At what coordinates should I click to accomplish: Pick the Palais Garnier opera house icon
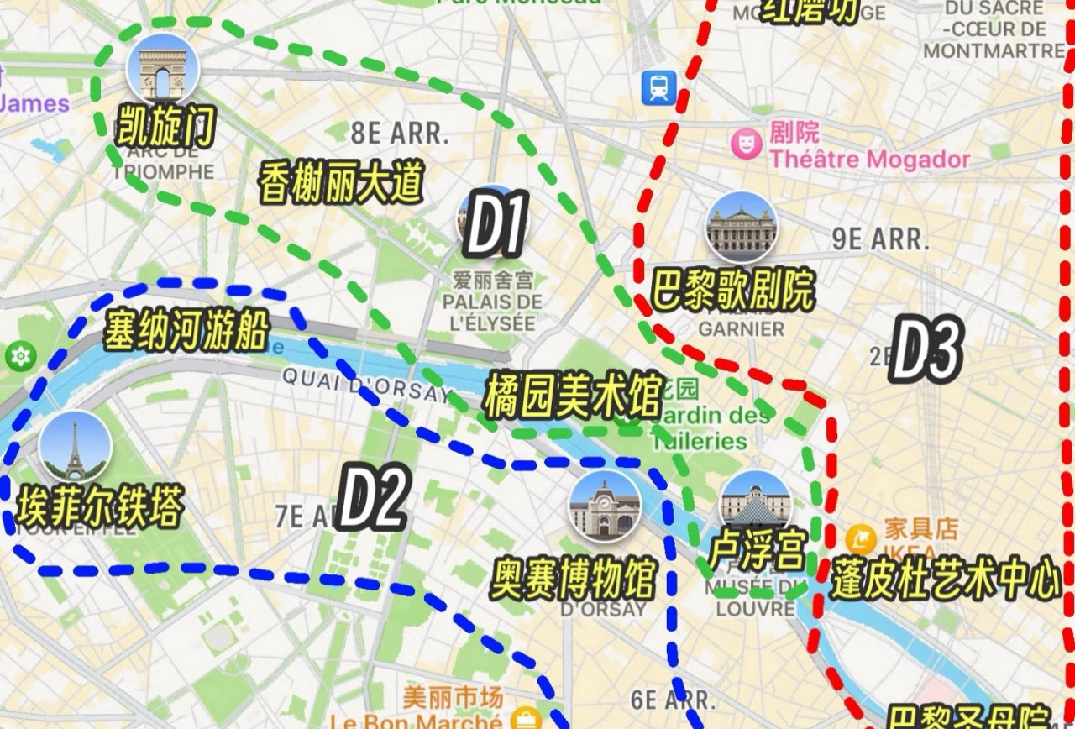pyautogui.click(x=741, y=227)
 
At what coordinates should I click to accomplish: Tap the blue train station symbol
pyautogui.click(x=659, y=87)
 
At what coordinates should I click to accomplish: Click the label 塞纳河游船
pyautogui.click(x=186, y=331)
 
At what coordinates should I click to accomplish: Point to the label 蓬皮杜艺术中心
pyautogui.click(x=946, y=580)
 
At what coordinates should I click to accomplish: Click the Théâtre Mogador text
pyautogui.click(x=870, y=159)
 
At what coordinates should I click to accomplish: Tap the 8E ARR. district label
pyautogui.click(x=400, y=133)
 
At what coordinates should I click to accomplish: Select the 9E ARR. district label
pyautogui.click(x=881, y=239)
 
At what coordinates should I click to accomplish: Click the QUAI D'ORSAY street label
pyautogui.click(x=365, y=385)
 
